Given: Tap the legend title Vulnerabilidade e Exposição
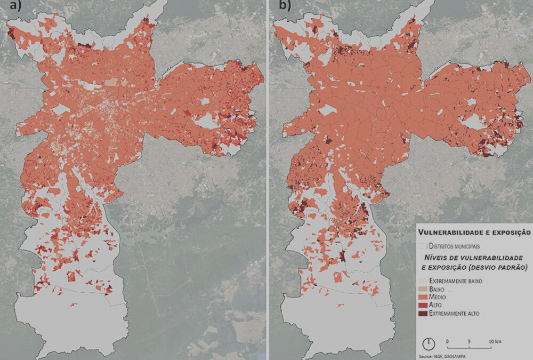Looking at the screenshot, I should click(474, 233).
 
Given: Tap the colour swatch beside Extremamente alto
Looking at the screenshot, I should click(422, 314).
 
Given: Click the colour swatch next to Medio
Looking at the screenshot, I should click(422, 297).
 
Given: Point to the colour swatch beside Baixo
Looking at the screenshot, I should click(422, 289).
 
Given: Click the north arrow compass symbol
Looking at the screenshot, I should click(429, 343).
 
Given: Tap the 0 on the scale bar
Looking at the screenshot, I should click(447, 341).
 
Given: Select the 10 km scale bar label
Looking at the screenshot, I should click(493, 341).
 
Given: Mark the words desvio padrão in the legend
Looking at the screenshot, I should click(500, 267).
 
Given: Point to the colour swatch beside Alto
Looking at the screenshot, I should click(422, 306).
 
